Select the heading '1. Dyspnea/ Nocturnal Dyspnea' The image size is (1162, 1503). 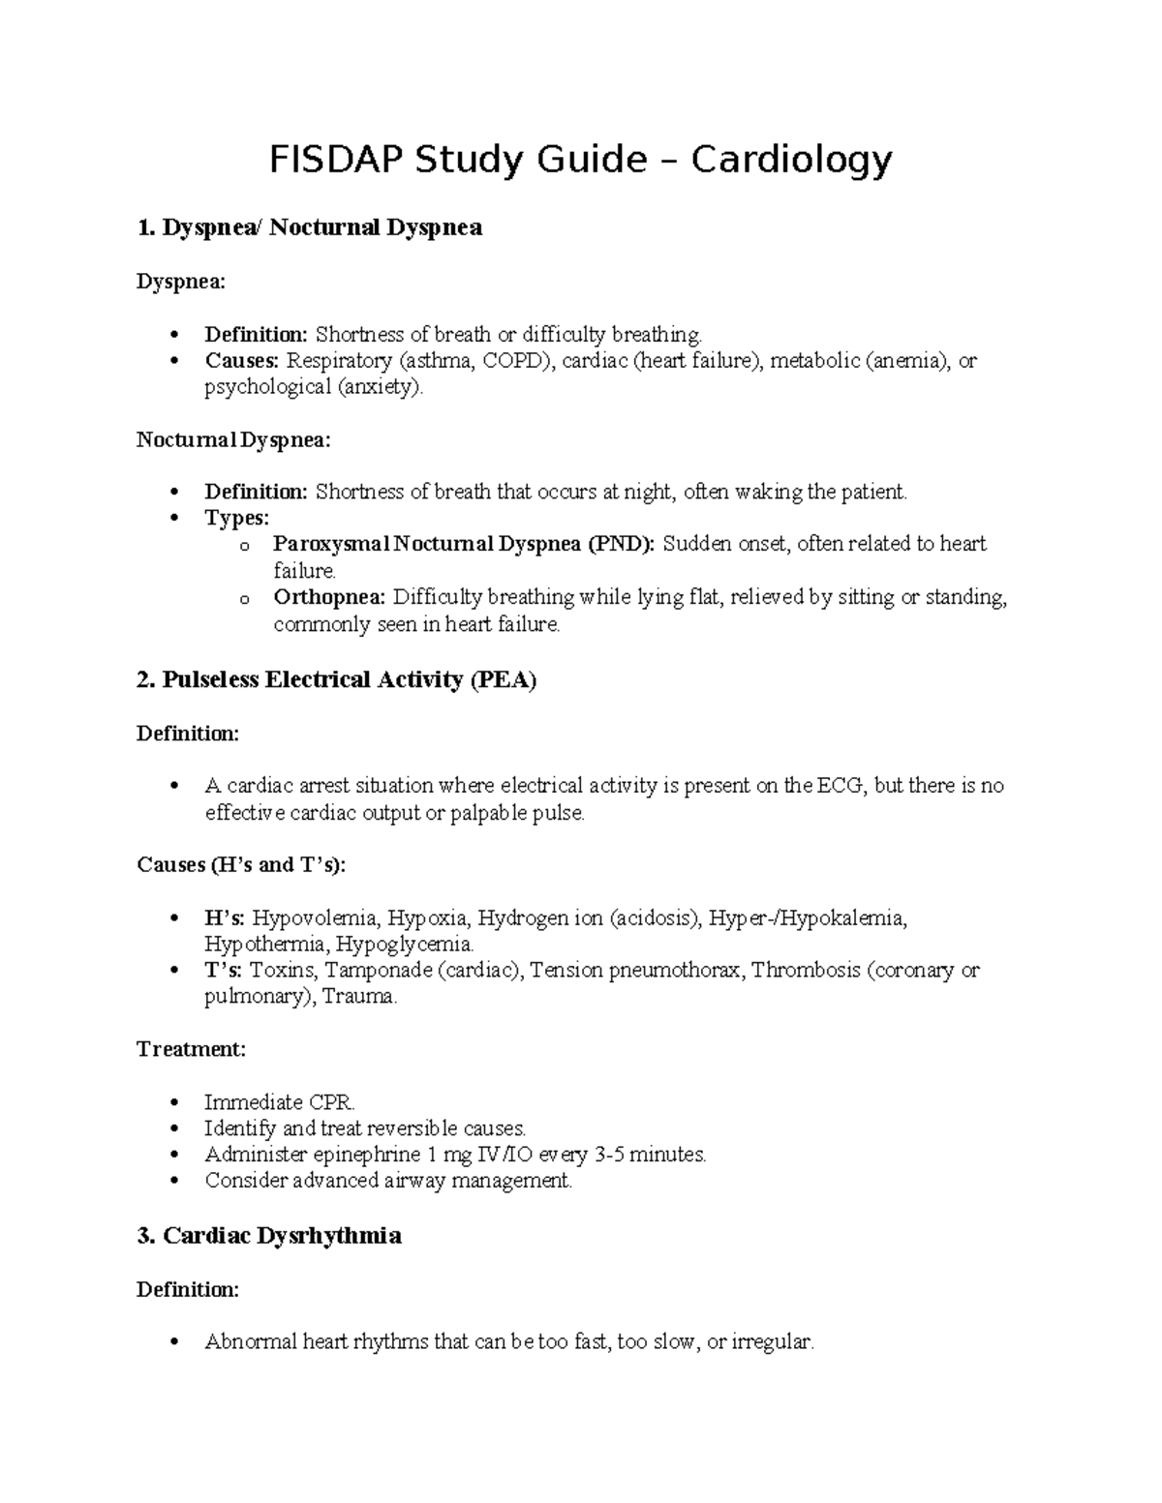click(309, 228)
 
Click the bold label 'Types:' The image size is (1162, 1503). click(236, 519)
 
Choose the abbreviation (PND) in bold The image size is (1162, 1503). click(621, 545)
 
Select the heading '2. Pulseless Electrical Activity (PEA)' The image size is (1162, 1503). click(336, 680)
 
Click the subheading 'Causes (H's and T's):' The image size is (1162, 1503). click(241, 865)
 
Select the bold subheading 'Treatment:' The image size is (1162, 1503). click(191, 1049)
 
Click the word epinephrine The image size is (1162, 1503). click(363, 1155)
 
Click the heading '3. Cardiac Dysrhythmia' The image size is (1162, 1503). click(268, 1237)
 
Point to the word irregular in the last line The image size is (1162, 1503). click(773, 1342)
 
